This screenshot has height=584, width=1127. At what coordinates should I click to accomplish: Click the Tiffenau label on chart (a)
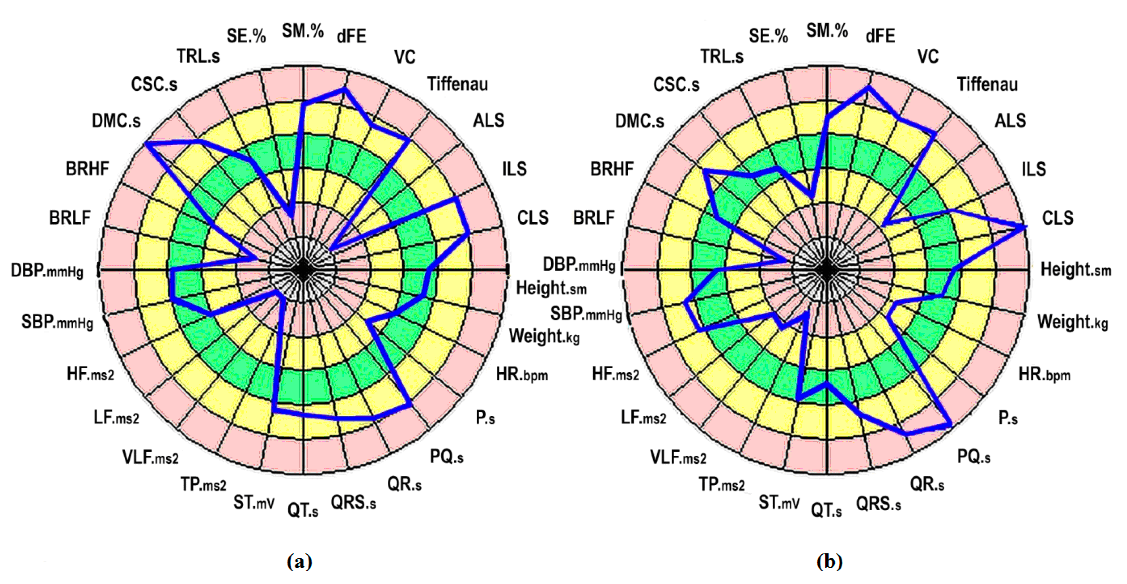click(457, 84)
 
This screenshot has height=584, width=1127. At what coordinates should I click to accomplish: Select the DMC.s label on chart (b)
click(639, 121)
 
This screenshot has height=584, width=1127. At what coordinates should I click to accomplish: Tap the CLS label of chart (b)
click(1057, 217)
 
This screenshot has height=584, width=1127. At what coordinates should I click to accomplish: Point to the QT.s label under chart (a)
click(303, 510)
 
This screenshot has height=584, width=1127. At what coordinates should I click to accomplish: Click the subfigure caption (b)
click(829, 561)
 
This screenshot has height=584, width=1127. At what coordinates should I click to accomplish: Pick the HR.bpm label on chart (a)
click(522, 374)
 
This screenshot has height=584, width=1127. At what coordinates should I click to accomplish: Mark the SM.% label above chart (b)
click(827, 31)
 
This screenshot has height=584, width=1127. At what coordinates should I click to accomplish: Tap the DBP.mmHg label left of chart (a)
click(47, 271)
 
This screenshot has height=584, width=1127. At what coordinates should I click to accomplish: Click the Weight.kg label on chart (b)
click(1072, 322)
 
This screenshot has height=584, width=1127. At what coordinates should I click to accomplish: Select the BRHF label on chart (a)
click(87, 168)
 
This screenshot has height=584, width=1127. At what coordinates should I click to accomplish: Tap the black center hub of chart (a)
click(303, 270)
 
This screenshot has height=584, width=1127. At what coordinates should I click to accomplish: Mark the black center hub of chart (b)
click(827, 270)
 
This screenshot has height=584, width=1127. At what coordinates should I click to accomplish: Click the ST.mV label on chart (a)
click(254, 502)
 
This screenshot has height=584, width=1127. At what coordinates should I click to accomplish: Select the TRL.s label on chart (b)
click(722, 56)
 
